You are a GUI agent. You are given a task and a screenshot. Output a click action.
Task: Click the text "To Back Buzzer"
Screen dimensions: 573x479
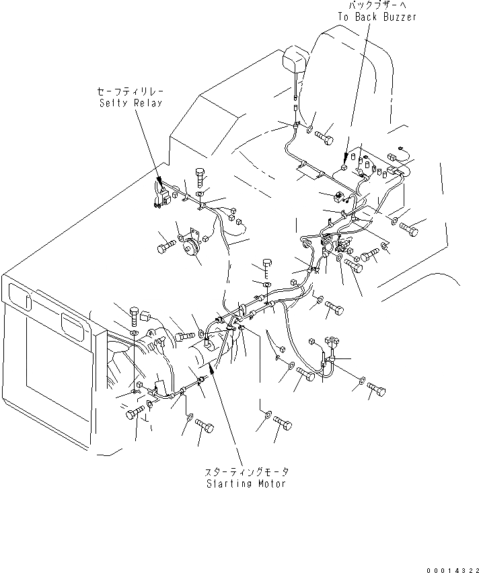tap(377, 17)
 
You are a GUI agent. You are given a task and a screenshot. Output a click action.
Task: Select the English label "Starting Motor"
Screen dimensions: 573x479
tap(246, 484)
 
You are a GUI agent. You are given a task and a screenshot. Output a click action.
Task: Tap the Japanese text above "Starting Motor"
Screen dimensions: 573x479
tap(247, 473)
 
